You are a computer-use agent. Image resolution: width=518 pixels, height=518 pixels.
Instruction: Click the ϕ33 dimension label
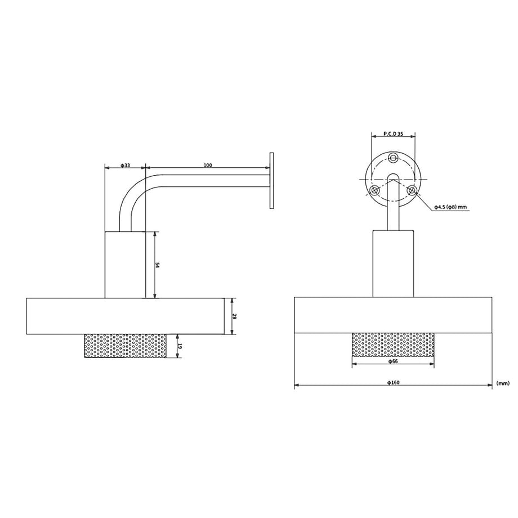point(125,165)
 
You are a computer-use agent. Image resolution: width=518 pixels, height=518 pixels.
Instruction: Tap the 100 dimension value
point(208,165)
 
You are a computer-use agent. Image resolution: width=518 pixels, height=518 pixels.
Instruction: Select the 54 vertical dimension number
point(158,265)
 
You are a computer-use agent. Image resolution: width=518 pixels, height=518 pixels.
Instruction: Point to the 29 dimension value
point(235,316)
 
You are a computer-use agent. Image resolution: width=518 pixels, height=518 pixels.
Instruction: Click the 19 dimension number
point(180,346)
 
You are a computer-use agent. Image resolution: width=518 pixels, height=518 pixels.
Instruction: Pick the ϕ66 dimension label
point(393,361)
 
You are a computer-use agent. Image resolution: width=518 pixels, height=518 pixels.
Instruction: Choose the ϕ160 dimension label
point(393,382)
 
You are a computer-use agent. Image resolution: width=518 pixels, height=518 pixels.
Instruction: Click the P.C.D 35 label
point(393,134)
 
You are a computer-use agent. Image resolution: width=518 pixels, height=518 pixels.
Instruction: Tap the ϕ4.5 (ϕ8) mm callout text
point(450,207)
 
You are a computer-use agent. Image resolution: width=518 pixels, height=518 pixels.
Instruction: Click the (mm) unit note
point(503,383)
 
